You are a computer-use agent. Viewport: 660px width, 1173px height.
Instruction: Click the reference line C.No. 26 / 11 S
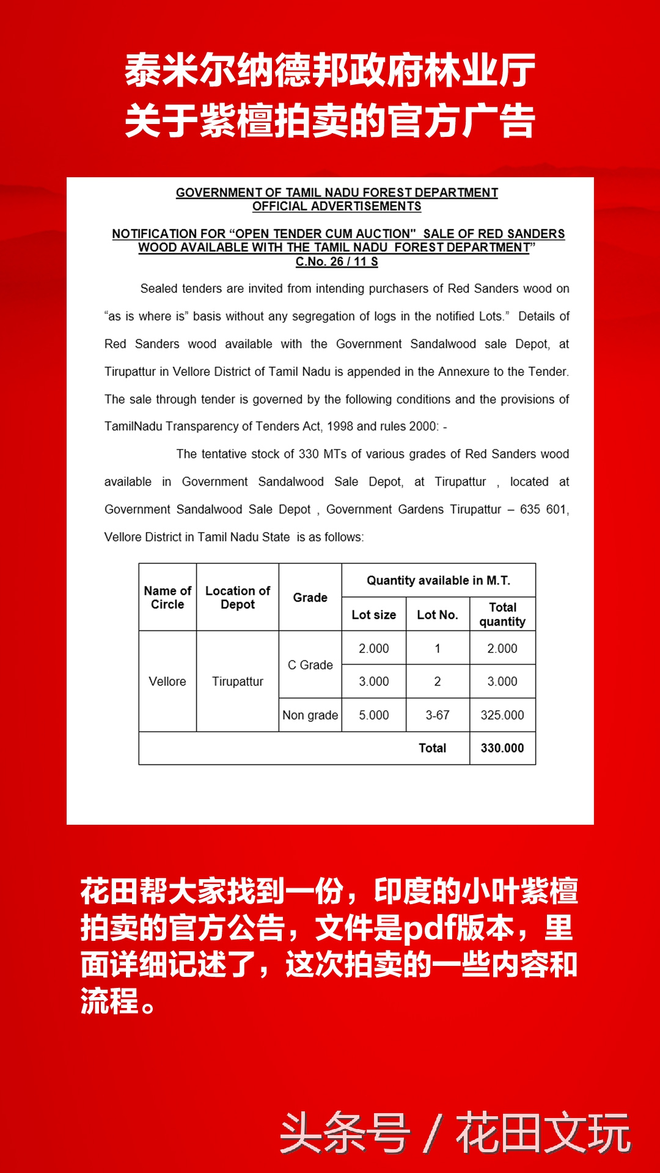(337, 262)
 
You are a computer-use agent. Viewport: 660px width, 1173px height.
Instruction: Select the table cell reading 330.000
(502, 748)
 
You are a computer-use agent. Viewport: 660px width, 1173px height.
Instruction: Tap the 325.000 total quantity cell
(502, 715)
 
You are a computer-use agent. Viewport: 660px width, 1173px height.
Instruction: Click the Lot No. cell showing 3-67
(438, 715)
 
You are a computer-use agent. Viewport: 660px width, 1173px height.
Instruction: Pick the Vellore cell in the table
(167, 681)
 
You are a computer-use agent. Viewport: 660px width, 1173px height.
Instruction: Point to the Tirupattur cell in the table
(238, 681)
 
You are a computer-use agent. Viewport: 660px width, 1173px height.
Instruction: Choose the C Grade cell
(310, 665)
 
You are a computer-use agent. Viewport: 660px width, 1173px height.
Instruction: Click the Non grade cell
(310, 715)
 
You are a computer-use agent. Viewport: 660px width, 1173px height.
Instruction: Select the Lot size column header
(374, 615)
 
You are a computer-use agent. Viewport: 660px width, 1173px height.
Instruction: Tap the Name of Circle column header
(167, 597)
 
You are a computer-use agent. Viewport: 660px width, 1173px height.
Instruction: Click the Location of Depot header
(238, 597)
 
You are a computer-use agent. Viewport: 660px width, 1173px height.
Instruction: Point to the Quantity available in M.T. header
(438, 580)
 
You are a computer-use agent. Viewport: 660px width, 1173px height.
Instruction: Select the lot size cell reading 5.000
(374, 715)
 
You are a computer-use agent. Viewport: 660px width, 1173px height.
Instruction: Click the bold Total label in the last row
(432, 748)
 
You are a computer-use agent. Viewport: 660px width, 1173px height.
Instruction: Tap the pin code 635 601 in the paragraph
(543, 510)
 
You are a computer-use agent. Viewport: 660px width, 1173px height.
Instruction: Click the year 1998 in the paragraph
(340, 426)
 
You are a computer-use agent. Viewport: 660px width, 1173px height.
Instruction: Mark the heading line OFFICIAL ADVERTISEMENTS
(337, 206)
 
